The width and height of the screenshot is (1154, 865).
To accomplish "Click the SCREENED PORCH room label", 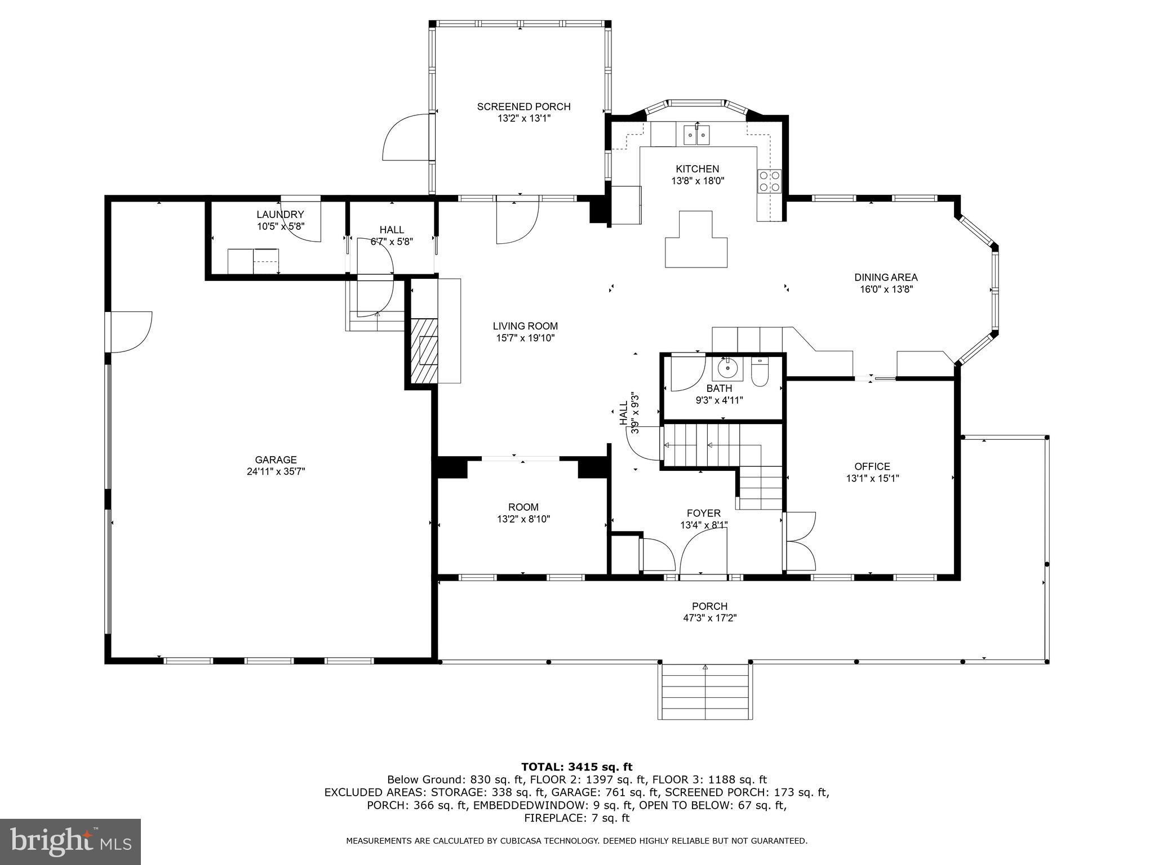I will pyautogui.click(x=523, y=106).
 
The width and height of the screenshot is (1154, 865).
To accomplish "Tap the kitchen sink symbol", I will pyautogui.click(x=696, y=135).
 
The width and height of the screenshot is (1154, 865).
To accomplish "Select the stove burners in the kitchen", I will pyautogui.click(x=770, y=181).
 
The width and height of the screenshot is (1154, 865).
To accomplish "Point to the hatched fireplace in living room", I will pyautogui.click(x=423, y=352).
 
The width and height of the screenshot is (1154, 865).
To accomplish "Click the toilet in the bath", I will pyautogui.click(x=760, y=374).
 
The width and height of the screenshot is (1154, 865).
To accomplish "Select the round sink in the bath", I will pyautogui.click(x=728, y=368).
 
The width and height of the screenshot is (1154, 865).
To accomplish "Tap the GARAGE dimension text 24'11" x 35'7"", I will pyautogui.click(x=276, y=472).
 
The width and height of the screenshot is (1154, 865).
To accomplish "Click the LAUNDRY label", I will pyautogui.click(x=280, y=215).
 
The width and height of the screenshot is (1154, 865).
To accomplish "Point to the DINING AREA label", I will pyautogui.click(x=886, y=277).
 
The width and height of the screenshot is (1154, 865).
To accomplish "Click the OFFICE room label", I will pyautogui.click(x=872, y=466).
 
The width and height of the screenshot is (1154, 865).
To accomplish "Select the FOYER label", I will pyautogui.click(x=703, y=513).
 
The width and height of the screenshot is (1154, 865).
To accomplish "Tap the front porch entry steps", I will pyautogui.click(x=704, y=691).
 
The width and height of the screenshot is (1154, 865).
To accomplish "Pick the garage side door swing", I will pyautogui.click(x=131, y=332).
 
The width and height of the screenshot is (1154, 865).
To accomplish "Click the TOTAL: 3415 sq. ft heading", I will pyautogui.click(x=576, y=766).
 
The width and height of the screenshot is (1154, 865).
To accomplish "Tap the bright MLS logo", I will pyautogui.click(x=70, y=841).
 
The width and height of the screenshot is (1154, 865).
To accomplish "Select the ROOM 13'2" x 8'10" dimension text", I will pyautogui.click(x=523, y=519).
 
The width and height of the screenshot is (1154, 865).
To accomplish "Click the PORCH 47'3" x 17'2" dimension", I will pyautogui.click(x=709, y=618).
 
